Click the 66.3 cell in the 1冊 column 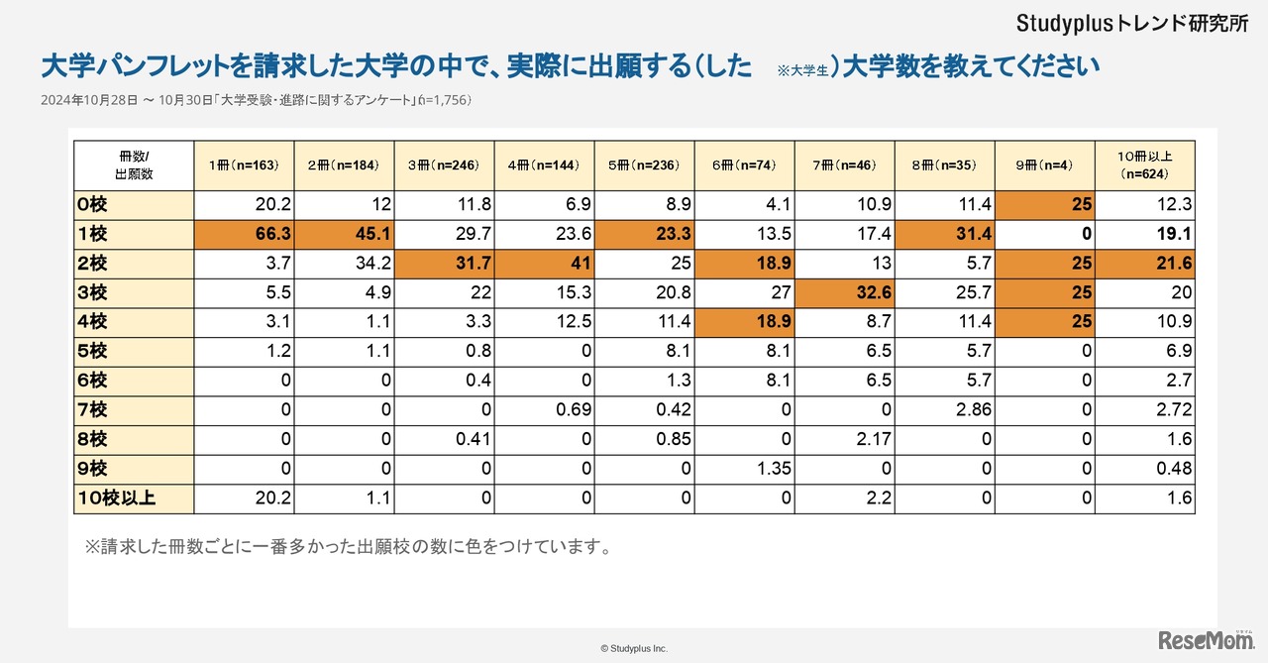[x=244, y=235]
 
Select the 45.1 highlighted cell [x=344, y=235]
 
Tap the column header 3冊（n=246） [x=444, y=165]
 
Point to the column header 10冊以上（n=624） [x=1144, y=165]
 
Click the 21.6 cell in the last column [x=1144, y=264]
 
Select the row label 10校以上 [x=134, y=498]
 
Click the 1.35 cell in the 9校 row [x=744, y=469]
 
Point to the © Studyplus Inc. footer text [x=634, y=648]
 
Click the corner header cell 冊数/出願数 [x=134, y=165]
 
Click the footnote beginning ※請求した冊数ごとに [x=348, y=547]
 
